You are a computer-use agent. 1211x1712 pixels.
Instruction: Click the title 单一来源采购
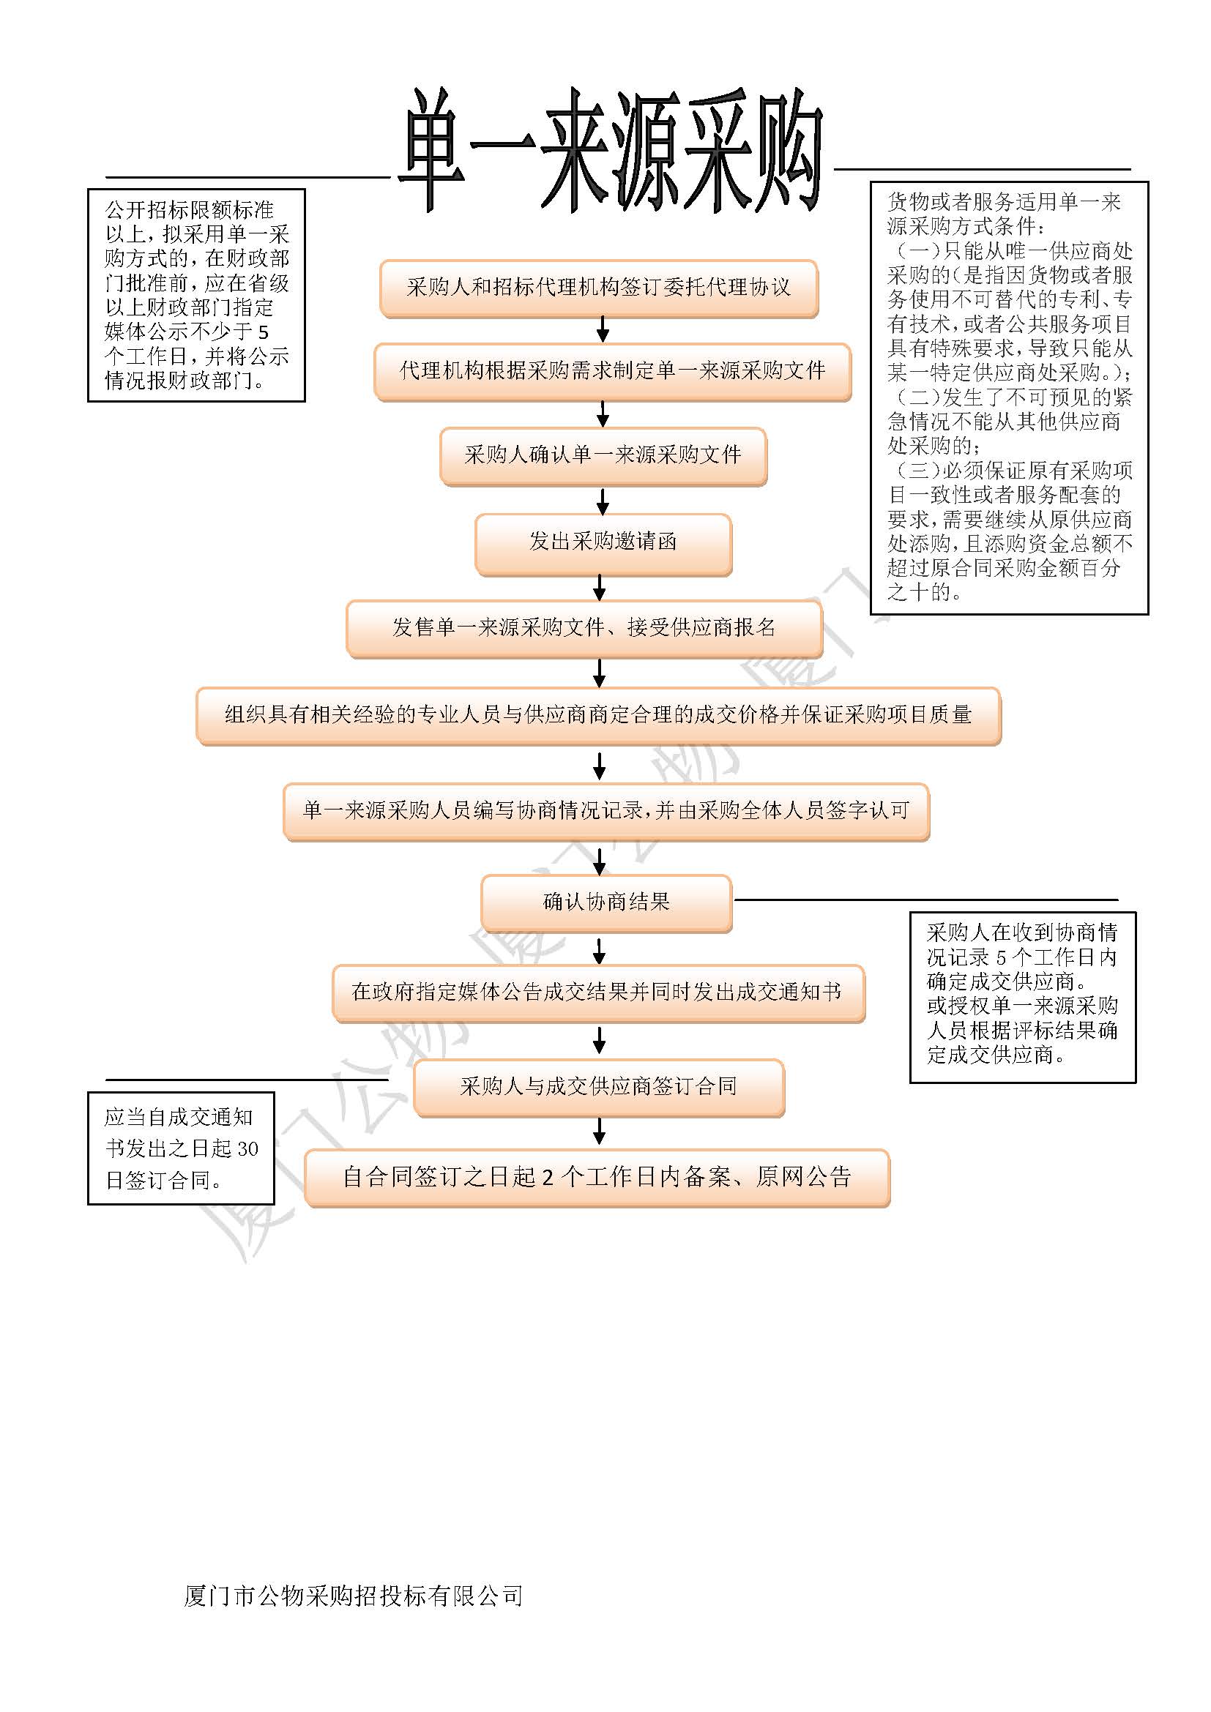pos(611,149)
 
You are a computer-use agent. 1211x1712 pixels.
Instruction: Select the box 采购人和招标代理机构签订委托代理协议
pos(599,288)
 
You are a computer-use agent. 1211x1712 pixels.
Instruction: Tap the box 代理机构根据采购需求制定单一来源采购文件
pos(612,371)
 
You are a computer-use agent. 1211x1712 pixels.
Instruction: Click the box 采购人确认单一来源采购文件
pos(603,455)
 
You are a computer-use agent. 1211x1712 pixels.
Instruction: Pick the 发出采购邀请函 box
pos(603,543)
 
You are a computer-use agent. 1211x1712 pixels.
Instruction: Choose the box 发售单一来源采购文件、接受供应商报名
pos(584,629)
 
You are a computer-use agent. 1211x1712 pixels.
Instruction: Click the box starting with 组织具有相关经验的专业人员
pos(598,715)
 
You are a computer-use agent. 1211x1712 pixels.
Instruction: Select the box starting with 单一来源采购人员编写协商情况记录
pos(605,811)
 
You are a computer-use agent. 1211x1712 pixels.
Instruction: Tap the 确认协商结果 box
pos(605,903)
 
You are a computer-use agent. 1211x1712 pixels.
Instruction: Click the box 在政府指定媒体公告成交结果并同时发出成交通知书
pos(598,993)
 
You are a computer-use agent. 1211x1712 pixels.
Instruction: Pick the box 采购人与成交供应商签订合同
pos(598,1087)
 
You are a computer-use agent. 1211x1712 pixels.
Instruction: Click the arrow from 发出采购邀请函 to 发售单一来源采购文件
pos(599,588)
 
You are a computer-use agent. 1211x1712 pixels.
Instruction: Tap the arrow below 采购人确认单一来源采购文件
pos(603,500)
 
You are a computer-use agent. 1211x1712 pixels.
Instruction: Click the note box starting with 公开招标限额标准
pos(196,295)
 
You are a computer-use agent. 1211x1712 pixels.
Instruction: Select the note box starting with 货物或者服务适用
pos(1009,397)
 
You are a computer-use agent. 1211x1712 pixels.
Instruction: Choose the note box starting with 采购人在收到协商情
pos(1021,996)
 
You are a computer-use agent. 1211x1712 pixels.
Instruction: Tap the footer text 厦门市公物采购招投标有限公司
pos(353,1596)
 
